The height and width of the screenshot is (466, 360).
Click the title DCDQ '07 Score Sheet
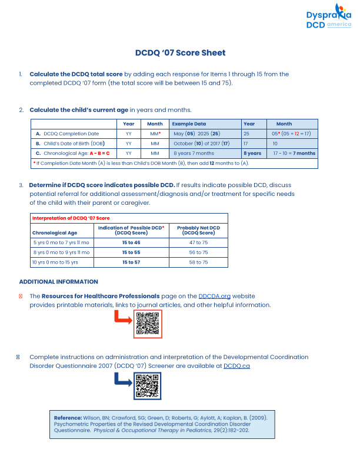click(x=180, y=53)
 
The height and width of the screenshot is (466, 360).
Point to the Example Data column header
click(x=189, y=124)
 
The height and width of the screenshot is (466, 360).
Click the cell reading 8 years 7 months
click(x=194, y=153)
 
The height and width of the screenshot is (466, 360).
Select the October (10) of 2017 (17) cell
click(x=201, y=144)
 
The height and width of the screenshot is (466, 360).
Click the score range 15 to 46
click(x=131, y=242)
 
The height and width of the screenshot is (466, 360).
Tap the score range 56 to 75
click(x=198, y=252)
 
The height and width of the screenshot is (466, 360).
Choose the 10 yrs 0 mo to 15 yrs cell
click(x=55, y=262)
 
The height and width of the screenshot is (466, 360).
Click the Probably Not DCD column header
click(x=198, y=230)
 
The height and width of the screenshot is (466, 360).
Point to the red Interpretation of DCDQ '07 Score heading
click(x=71, y=218)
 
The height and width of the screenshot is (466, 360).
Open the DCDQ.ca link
click(x=237, y=365)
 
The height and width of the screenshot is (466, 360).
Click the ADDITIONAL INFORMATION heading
click(x=59, y=282)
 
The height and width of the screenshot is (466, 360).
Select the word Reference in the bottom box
click(x=68, y=417)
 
